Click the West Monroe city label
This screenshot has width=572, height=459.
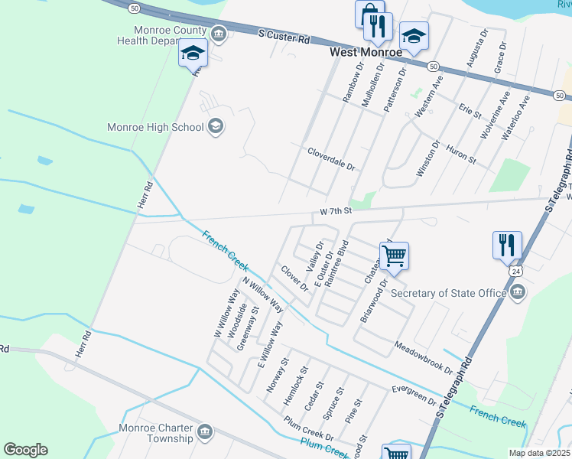[366, 53]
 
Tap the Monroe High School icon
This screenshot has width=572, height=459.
[216, 127]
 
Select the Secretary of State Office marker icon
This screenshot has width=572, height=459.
[518, 292]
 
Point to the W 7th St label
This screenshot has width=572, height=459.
[335, 210]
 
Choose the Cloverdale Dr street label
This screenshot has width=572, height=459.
[332, 159]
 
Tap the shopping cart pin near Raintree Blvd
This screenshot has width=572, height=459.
[394, 256]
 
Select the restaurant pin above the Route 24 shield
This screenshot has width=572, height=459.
[507, 245]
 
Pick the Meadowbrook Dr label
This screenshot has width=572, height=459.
[424, 357]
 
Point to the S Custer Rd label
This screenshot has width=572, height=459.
[284, 36]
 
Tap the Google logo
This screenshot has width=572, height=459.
[25, 450]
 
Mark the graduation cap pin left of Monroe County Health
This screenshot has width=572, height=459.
[193, 53]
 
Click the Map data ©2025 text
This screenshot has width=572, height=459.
[538, 453]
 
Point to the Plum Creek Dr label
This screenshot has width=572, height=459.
[309, 428]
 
